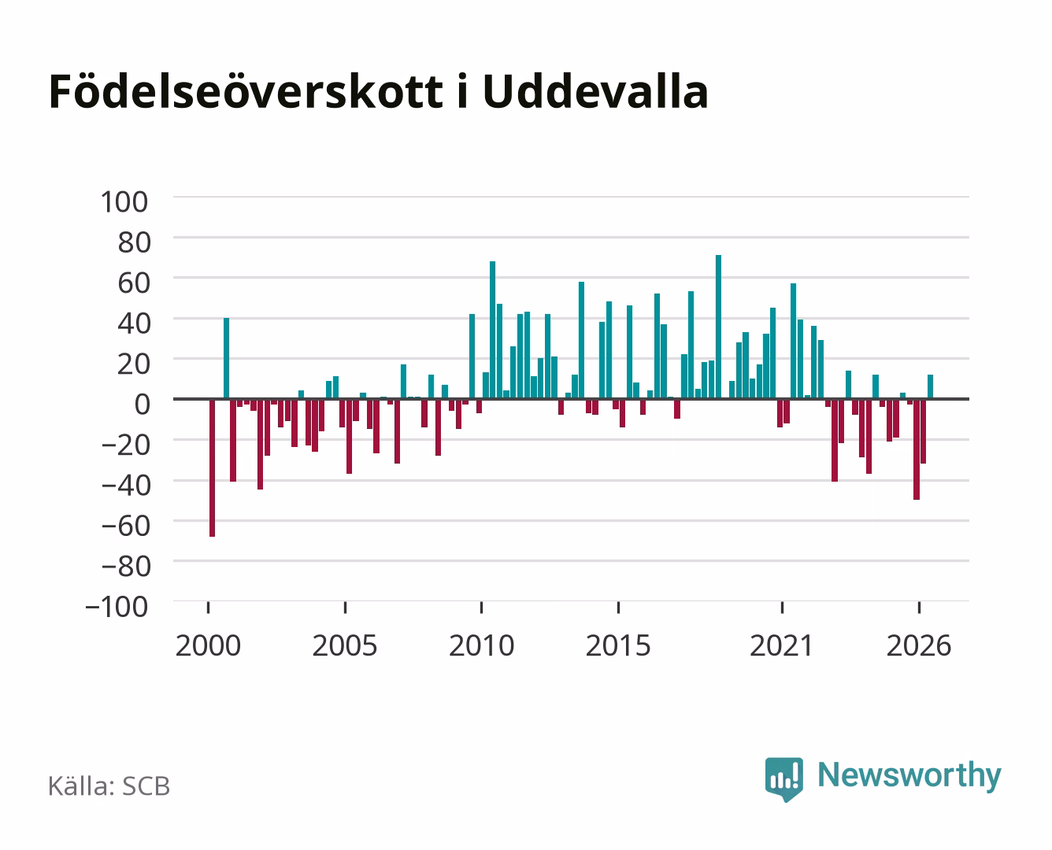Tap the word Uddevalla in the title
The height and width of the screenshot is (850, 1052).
coord(595,91)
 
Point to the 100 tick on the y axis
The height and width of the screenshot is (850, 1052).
coord(124,202)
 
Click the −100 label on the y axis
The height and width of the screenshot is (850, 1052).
coord(117,607)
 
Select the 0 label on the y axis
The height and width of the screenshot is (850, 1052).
coord(143,405)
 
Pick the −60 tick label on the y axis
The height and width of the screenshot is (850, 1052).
coord(125,526)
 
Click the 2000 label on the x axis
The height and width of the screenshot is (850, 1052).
coord(208,645)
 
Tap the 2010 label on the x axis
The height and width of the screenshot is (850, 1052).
coord(482,645)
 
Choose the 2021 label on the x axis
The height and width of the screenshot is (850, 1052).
coord(781,645)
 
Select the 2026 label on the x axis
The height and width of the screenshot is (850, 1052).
coord(919,645)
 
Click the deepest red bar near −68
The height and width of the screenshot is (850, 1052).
coord(213,468)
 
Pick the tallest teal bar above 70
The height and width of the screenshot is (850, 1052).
coord(719,327)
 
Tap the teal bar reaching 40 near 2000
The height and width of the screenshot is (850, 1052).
coord(226,358)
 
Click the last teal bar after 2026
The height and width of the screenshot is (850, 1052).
coord(930,386)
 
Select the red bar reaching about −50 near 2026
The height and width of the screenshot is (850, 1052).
coord(917,449)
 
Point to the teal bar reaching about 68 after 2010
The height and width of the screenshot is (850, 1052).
coord(492,330)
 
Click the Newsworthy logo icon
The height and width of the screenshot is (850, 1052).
coord(783,779)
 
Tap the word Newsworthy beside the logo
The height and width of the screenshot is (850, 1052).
coord(909,775)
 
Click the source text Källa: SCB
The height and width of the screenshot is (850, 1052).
coord(109,785)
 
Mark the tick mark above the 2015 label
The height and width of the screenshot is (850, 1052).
coord(618,607)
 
